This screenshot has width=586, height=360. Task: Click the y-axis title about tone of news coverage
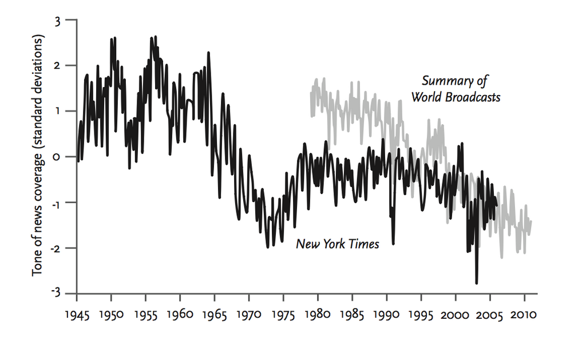[x=38, y=156]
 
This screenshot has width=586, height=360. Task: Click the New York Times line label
[x=337, y=244]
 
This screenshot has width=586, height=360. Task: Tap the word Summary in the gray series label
[x=443, y=81]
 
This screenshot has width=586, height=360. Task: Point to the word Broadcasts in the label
[x=473, y=97]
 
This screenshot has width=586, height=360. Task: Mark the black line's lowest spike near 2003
[x=477, y=283]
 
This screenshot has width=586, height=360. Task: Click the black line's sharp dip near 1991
[x=393, y=244]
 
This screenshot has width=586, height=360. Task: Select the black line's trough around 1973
[x=267, y=247]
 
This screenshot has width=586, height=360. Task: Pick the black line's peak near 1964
[x=208, y=53]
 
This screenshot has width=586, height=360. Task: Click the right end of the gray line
[x=531, y=221]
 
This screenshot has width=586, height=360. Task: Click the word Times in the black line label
[x=366, y=244]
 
